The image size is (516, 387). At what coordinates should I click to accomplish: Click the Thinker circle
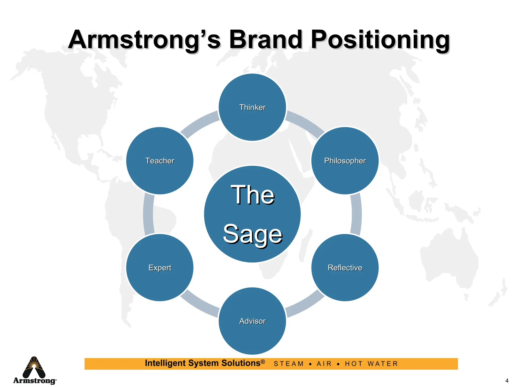tap(252, 107)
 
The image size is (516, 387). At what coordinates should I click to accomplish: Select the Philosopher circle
tap(345, 160)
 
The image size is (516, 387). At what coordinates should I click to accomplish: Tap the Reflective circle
tap(345, 267)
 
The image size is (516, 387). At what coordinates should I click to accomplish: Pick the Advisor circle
tap(252, 321)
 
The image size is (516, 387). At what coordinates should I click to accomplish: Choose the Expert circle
tap(160, 267)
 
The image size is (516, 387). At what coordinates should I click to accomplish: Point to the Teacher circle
tap(160, 160)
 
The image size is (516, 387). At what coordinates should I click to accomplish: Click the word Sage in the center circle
tap(252, 234)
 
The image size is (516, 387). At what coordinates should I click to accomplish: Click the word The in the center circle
tap(252, 195)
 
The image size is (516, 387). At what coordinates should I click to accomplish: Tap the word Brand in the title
tap(266, 40)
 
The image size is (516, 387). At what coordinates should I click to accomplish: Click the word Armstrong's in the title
tap(145, 40)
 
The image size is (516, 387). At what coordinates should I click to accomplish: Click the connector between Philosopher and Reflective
tap(356, 214)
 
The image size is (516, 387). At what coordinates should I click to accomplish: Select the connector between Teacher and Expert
tap(148, 214)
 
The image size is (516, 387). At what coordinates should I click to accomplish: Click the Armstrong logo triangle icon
tap(34, 367)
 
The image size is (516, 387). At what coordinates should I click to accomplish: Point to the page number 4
tap(507, 381)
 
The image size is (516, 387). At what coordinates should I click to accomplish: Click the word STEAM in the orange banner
tap(289, 364)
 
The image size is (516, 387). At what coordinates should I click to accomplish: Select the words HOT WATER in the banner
tap(371, 364)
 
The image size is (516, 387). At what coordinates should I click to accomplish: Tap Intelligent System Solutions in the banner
tap(205, 363)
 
